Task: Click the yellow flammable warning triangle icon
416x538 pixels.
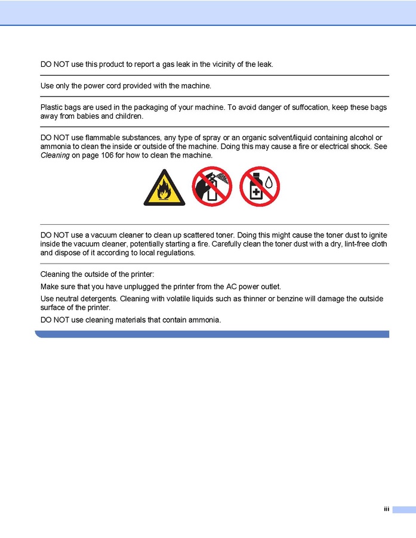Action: tap(164, 188)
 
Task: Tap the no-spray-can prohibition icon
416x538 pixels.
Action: tap(212, 187)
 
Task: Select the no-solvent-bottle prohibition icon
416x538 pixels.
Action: tap(260, 187)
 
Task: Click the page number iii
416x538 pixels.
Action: tap(386, 509)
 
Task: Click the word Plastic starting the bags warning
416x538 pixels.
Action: tap(52, 107)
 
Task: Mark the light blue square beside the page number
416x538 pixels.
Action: tap(403, 509)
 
